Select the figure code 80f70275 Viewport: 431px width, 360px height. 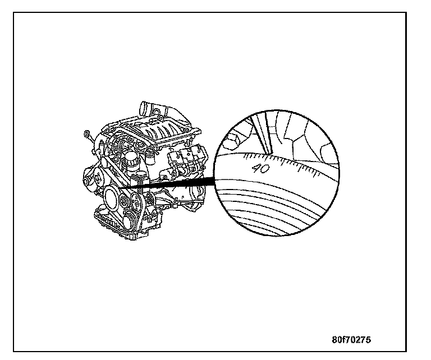(x=351, y=340)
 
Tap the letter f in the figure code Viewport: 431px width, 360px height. (x=346, y=340)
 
